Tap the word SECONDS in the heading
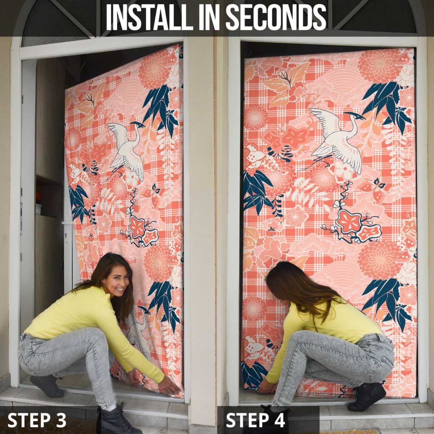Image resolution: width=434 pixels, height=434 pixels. pos(276,17)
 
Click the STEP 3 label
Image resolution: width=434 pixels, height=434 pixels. pos(37,420)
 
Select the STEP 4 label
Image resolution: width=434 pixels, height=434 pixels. pos(255,420)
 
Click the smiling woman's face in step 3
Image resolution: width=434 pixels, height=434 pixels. pos(118,282)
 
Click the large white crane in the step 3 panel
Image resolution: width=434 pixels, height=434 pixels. pos(127,150)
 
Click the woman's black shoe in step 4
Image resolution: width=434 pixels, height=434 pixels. pos(367,396)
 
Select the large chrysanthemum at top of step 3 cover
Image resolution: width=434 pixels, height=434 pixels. pos(155,69)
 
